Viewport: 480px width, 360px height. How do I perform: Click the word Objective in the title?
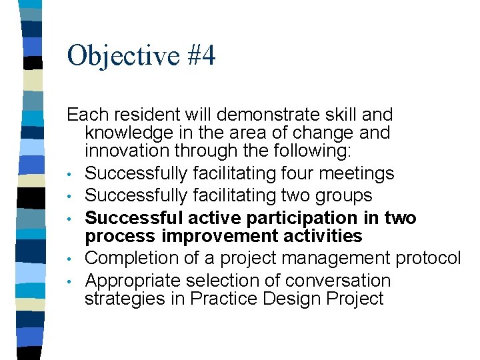coord(123,56)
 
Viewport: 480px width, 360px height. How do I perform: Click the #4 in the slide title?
coord(202,56)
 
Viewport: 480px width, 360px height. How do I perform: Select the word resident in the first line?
coord(142,115)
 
